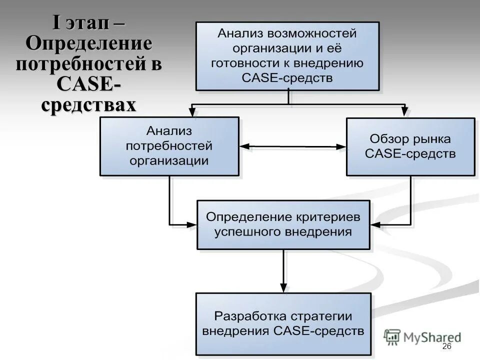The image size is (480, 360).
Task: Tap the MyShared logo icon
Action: tap(393, 336)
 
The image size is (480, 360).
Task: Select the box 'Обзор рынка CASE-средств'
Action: tap(410, 146)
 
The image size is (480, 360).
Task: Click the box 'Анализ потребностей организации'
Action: tap(169, 146)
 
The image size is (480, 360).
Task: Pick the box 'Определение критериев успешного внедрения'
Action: tap(283, 224)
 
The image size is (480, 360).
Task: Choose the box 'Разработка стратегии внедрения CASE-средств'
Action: tap(283, 323)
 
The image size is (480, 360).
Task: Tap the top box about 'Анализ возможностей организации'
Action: tap(287, 55)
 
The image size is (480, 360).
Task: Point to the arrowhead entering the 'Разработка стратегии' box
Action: tap(283, 287)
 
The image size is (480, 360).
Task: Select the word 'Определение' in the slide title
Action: tap(89, 44)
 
